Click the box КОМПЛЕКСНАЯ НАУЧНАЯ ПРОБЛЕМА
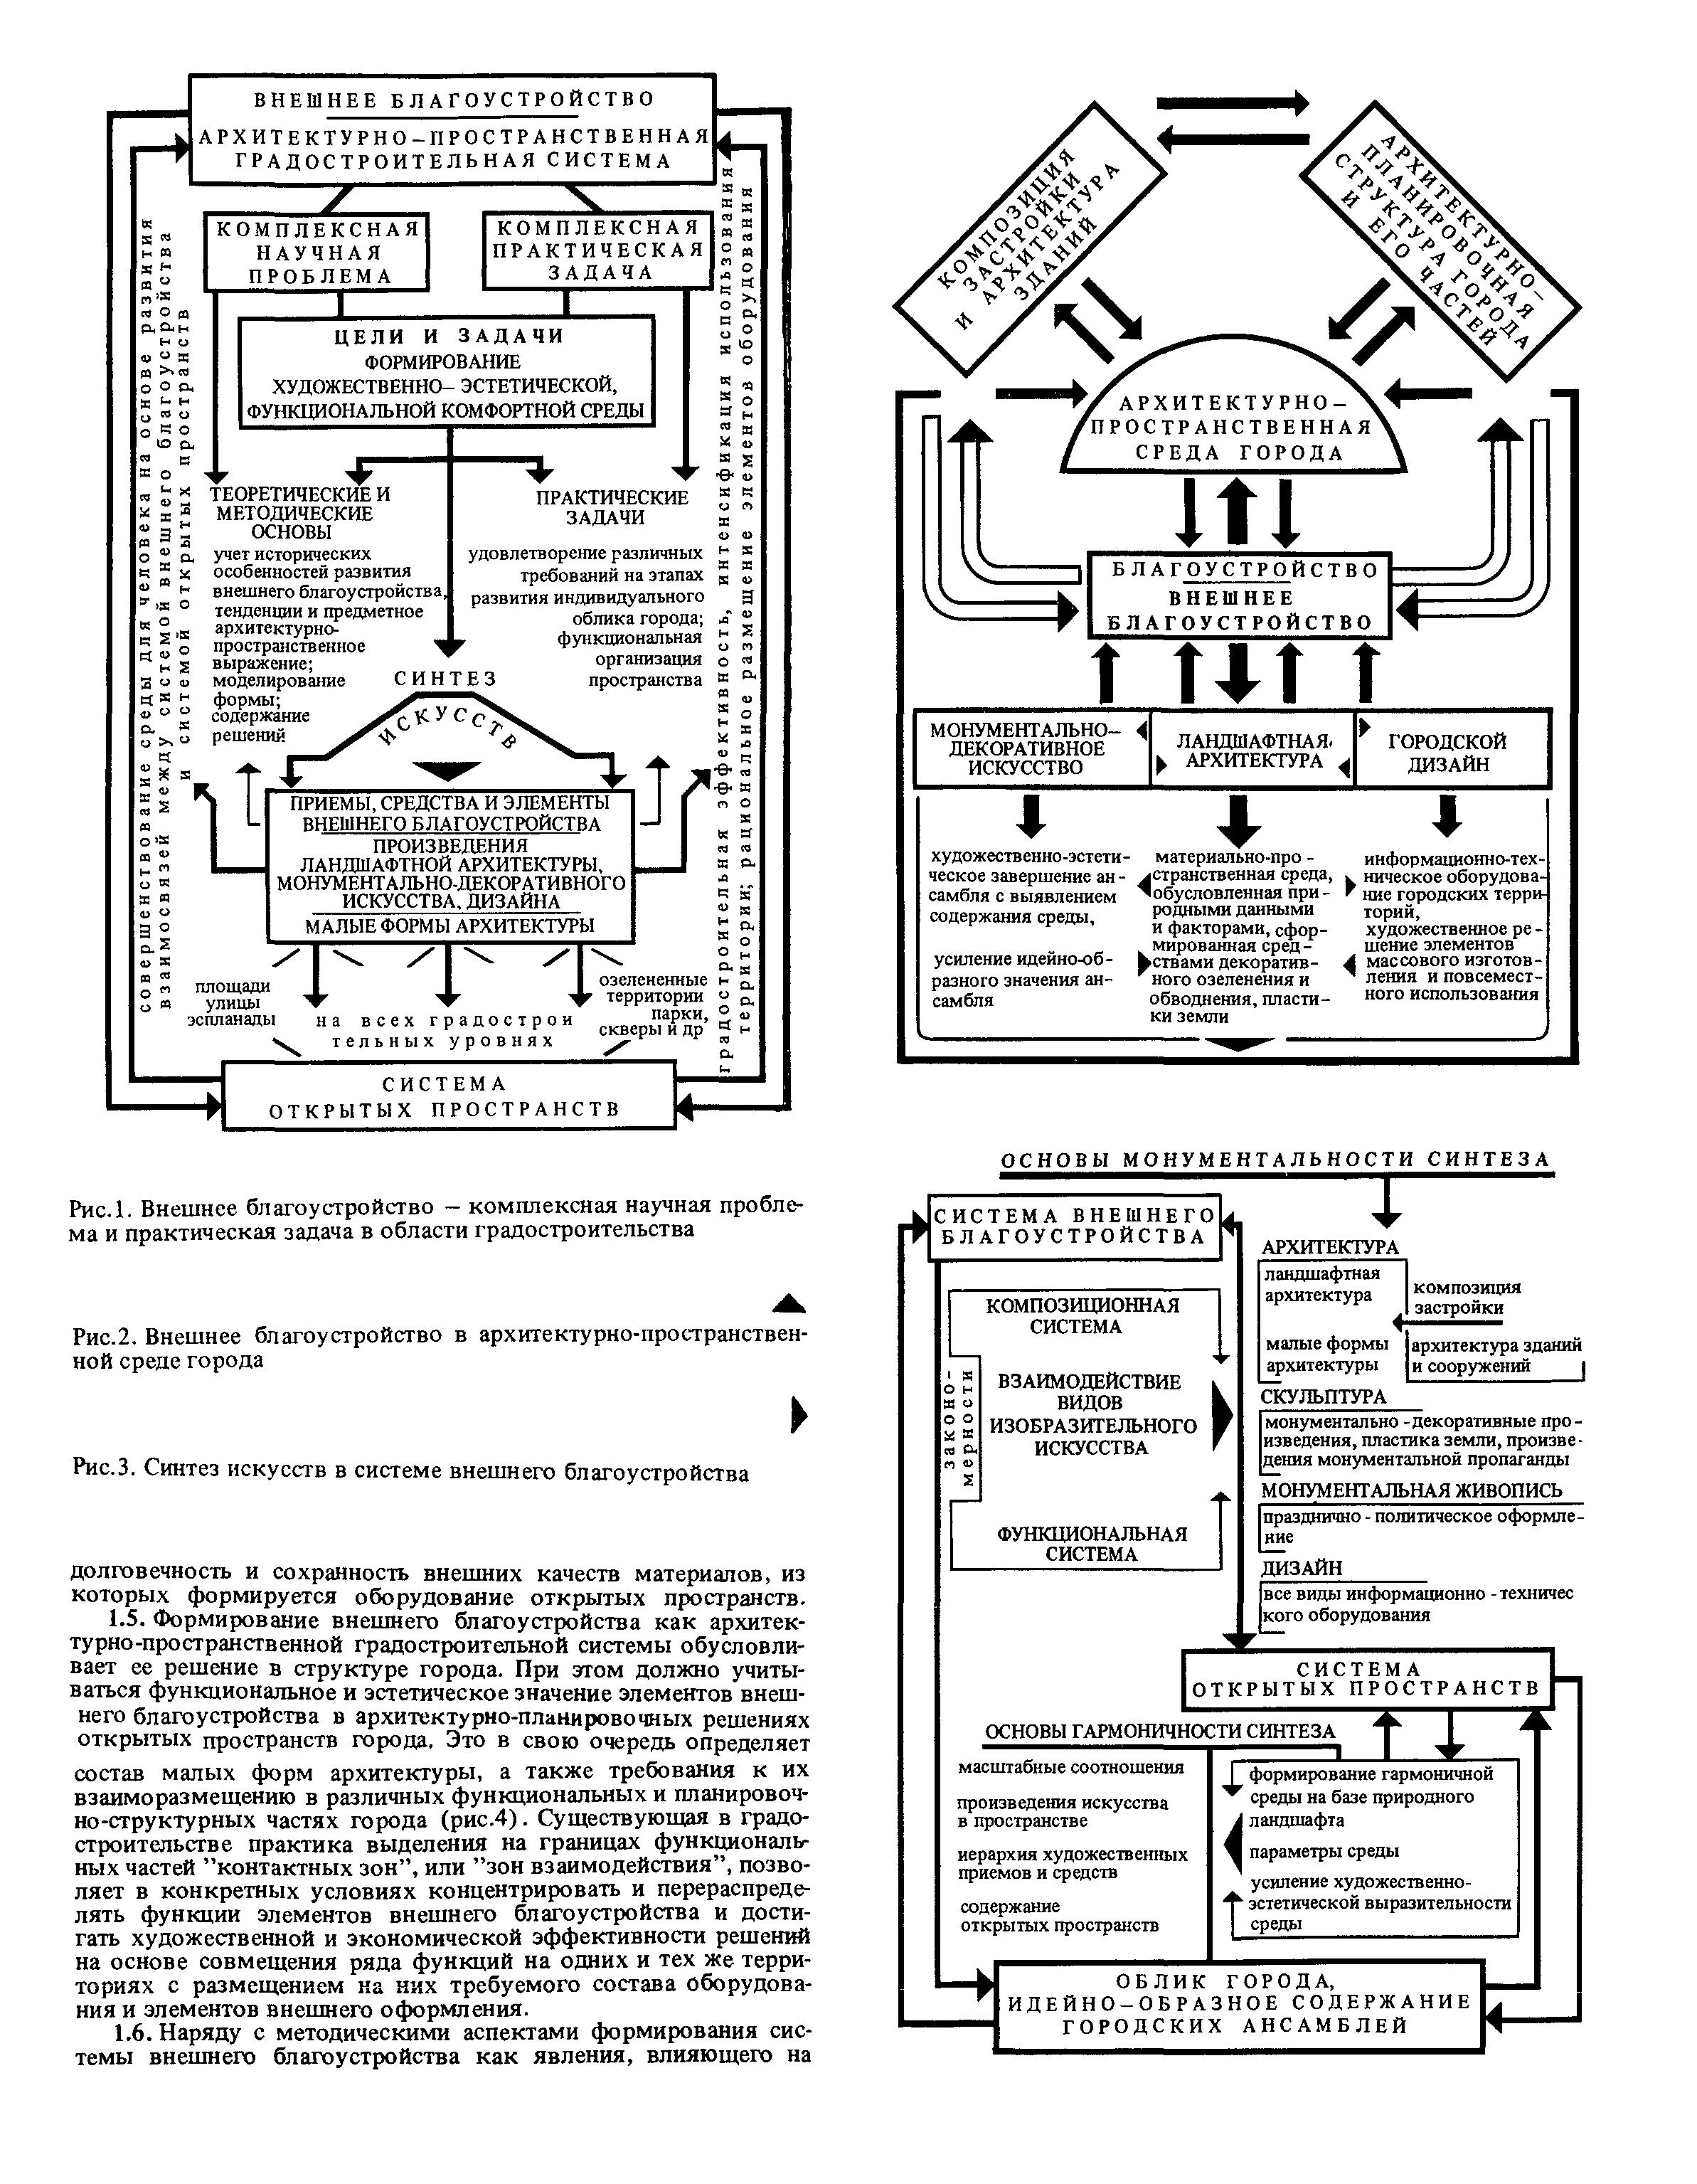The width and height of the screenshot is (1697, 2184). (x=317, y=252)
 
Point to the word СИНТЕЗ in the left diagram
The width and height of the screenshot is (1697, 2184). (x=445, y=678)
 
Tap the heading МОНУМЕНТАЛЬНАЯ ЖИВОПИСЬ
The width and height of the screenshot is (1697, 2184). (x=1410, y=1490)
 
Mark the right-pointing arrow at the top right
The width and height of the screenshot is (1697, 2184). (x=1232, y=102)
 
